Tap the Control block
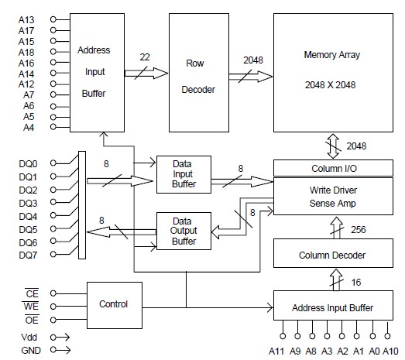(x=114, y=304)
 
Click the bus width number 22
(x=145, y=57)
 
